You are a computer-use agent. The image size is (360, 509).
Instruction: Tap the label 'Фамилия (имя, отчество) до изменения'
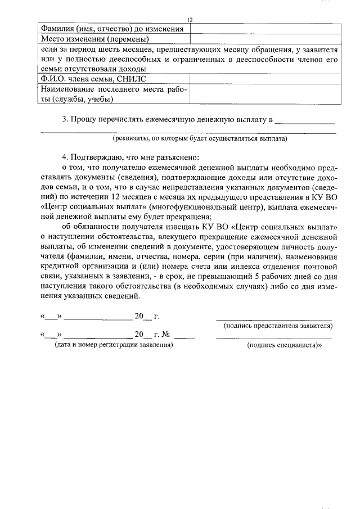[112, 29]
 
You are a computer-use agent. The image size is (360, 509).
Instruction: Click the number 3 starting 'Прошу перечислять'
[65, 119]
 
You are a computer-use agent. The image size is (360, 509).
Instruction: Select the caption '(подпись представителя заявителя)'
[277, 326]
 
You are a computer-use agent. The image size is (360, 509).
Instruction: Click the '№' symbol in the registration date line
[166, 335]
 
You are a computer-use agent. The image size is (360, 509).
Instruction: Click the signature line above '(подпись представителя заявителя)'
[274, 318]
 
